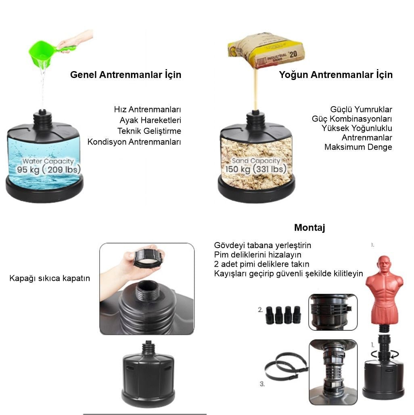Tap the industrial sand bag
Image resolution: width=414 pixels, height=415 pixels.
[x=266, y=50]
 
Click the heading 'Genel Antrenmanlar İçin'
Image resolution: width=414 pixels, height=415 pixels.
[x=125, y=75]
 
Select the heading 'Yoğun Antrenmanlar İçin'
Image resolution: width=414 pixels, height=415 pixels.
[x=336, y=75]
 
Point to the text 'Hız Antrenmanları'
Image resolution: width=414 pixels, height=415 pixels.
[x=148, y=110]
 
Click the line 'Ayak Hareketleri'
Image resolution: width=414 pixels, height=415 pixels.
[x=150, y=120]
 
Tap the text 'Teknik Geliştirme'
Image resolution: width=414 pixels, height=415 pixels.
[x=149, y=131]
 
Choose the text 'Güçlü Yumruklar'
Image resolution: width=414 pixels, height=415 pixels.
[x=361, y=110]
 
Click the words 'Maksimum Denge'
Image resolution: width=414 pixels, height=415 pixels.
[x=358, y=147]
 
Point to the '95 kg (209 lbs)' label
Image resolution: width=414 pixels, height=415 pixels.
[x=49, y=169]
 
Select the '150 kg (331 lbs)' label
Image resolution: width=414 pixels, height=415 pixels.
[x=256, y=169]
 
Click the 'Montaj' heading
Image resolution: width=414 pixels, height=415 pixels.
[x=309, y=228]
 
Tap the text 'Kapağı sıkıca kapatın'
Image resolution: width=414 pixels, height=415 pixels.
[x=50, y=278]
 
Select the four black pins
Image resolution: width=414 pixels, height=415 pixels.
[x=283, y=315]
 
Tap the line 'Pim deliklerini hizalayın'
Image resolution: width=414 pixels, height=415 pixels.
[x=257, y=255]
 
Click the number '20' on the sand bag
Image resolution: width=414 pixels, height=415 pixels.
[x=293, y=54]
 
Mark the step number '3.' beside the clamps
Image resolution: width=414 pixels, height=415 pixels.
[x=262, y=384]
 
